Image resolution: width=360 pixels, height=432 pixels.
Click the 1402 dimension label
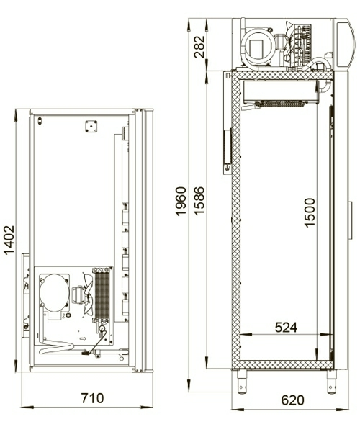9,240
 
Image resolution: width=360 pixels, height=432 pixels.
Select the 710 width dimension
92,398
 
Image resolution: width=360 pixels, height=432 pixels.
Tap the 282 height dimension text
199,47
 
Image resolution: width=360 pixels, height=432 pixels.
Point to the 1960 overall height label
181,201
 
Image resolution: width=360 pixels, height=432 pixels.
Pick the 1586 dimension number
199,201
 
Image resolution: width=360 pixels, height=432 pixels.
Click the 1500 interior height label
310,212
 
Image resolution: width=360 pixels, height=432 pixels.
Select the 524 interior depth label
286,328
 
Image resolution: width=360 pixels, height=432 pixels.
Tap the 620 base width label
292,400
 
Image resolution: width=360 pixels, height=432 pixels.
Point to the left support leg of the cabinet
242,382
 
